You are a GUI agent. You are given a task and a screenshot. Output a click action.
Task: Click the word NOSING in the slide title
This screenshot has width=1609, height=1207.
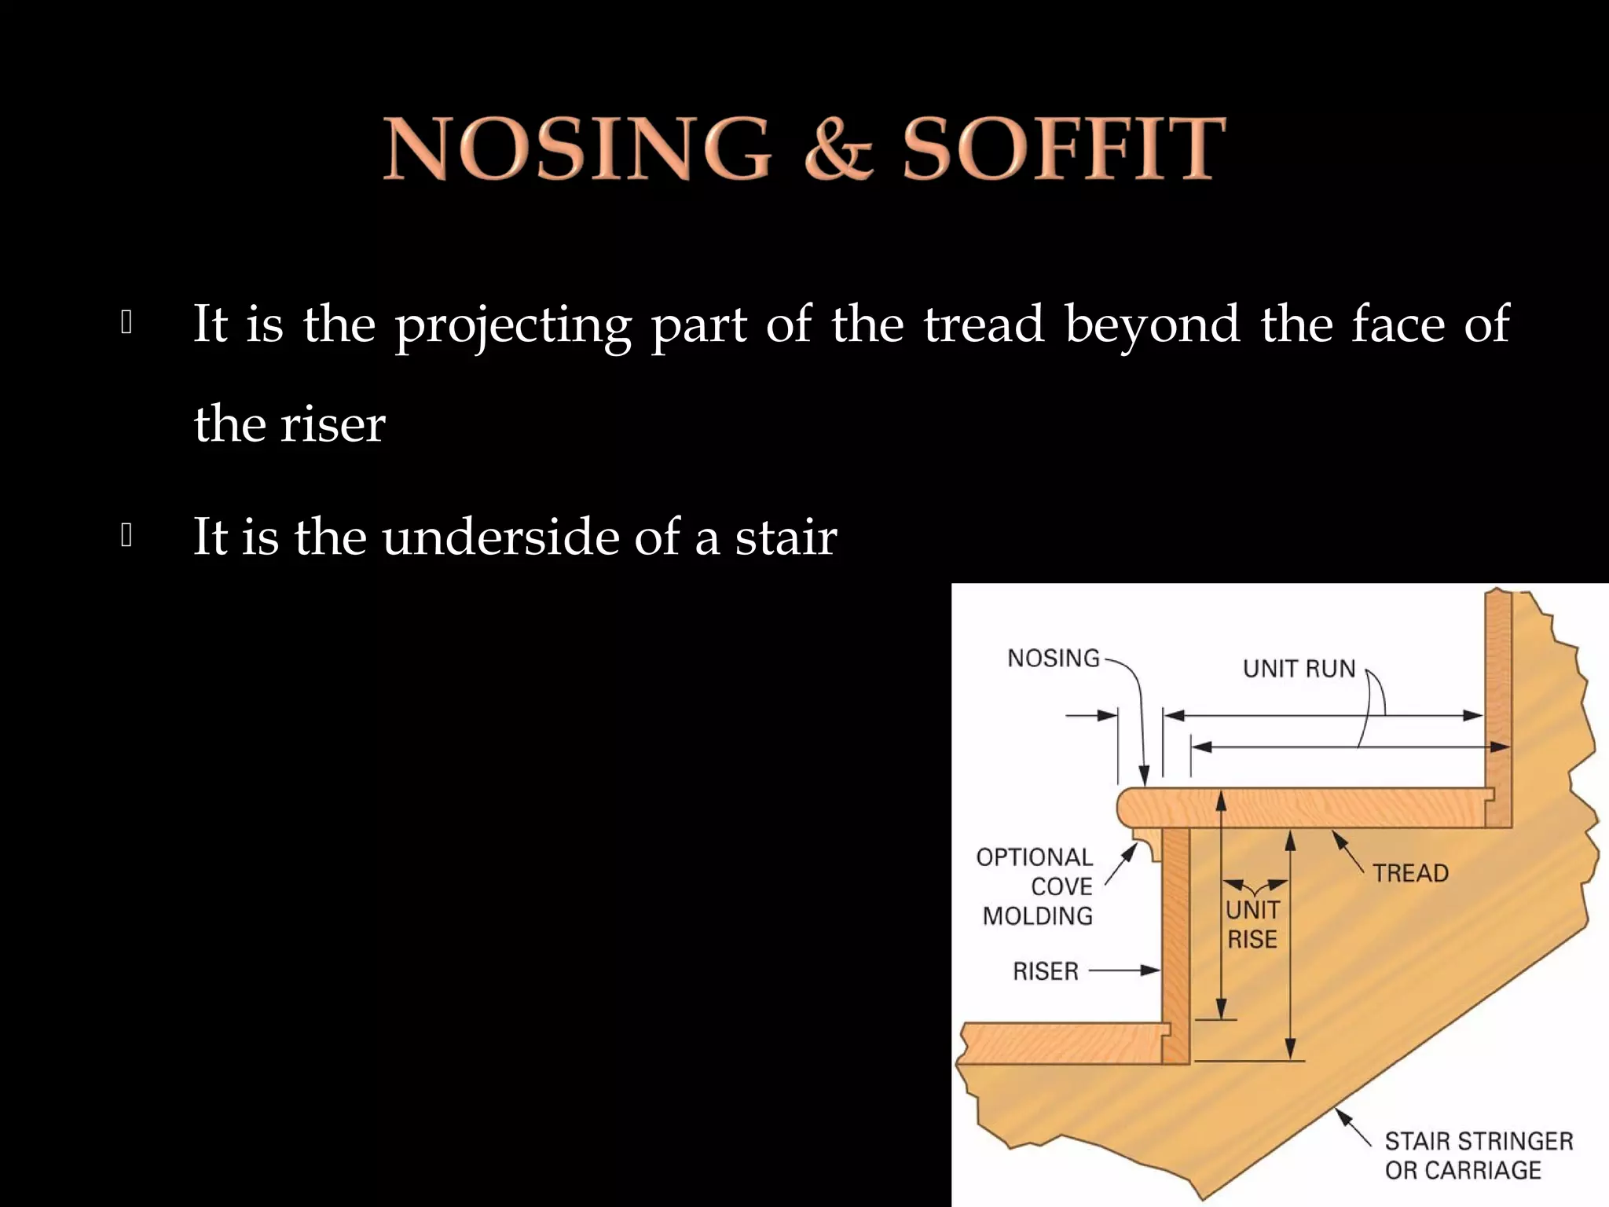577,149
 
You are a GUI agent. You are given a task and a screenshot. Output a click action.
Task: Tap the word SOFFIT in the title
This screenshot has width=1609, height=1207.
1064,149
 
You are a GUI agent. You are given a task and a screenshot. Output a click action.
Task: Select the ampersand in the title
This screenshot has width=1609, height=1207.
838,149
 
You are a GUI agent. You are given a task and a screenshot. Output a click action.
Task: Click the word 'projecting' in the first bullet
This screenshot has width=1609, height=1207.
512,325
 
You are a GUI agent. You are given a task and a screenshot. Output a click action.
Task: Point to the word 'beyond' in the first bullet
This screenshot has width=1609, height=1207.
1153,325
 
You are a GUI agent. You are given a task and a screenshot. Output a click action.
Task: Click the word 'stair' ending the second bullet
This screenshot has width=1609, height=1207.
786,538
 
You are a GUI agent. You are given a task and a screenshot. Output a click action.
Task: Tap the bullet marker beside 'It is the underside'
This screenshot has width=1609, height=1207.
126,537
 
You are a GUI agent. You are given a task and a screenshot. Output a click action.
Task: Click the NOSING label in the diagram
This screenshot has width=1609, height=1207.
1053,659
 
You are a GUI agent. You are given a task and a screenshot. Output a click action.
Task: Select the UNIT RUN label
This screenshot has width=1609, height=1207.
1299,669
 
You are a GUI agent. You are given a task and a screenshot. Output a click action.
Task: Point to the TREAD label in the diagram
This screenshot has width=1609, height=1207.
1410,873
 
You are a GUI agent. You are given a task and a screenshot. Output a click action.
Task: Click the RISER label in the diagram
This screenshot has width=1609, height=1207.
1045,972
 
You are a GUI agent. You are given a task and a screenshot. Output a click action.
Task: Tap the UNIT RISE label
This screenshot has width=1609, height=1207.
1252,924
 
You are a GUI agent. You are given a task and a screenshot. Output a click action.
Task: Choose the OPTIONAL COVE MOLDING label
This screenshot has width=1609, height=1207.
1036,886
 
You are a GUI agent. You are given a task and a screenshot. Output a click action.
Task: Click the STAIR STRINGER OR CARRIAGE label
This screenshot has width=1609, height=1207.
1477,1155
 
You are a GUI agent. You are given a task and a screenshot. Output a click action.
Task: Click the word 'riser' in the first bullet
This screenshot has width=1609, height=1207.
332,425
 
